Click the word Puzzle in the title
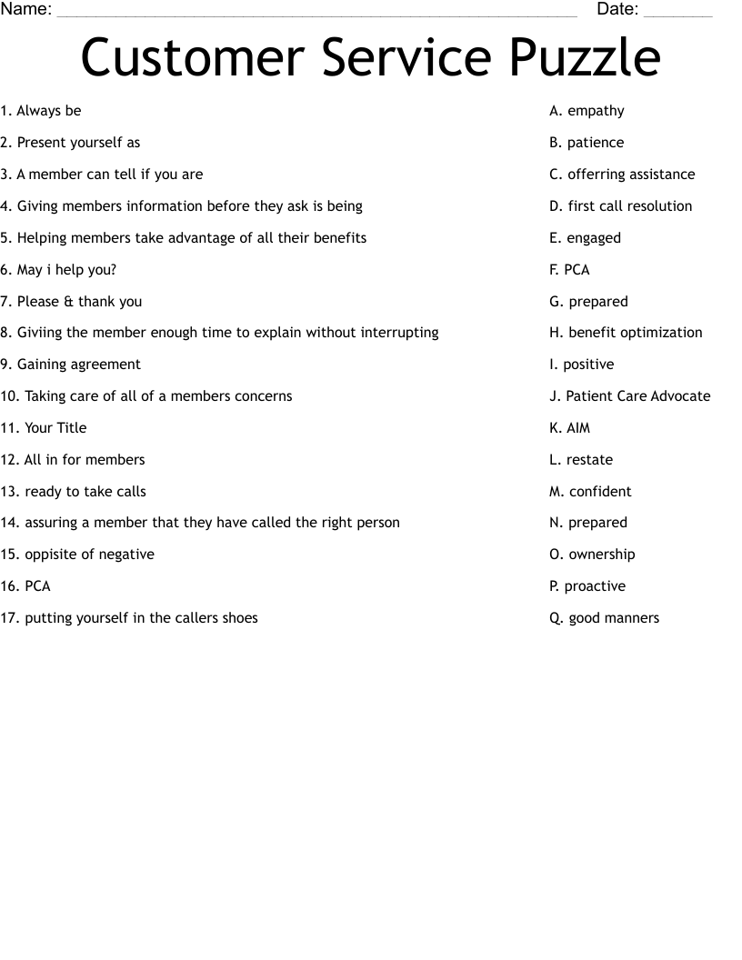(585, 59)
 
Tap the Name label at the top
(25, 10)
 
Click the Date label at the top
(617, 10)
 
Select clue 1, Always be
(41, 111)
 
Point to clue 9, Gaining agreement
(70, 365)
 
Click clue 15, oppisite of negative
(77, 555)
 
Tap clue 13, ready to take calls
(73, 492)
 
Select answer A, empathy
(587, 111)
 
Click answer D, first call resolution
(620, 206)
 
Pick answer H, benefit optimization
(626, 333)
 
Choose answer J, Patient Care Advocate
(629, 396)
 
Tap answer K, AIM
(569, 428)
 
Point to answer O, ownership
(592, 555)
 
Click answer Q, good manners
(604, 618)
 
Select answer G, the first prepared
(588, 302)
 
